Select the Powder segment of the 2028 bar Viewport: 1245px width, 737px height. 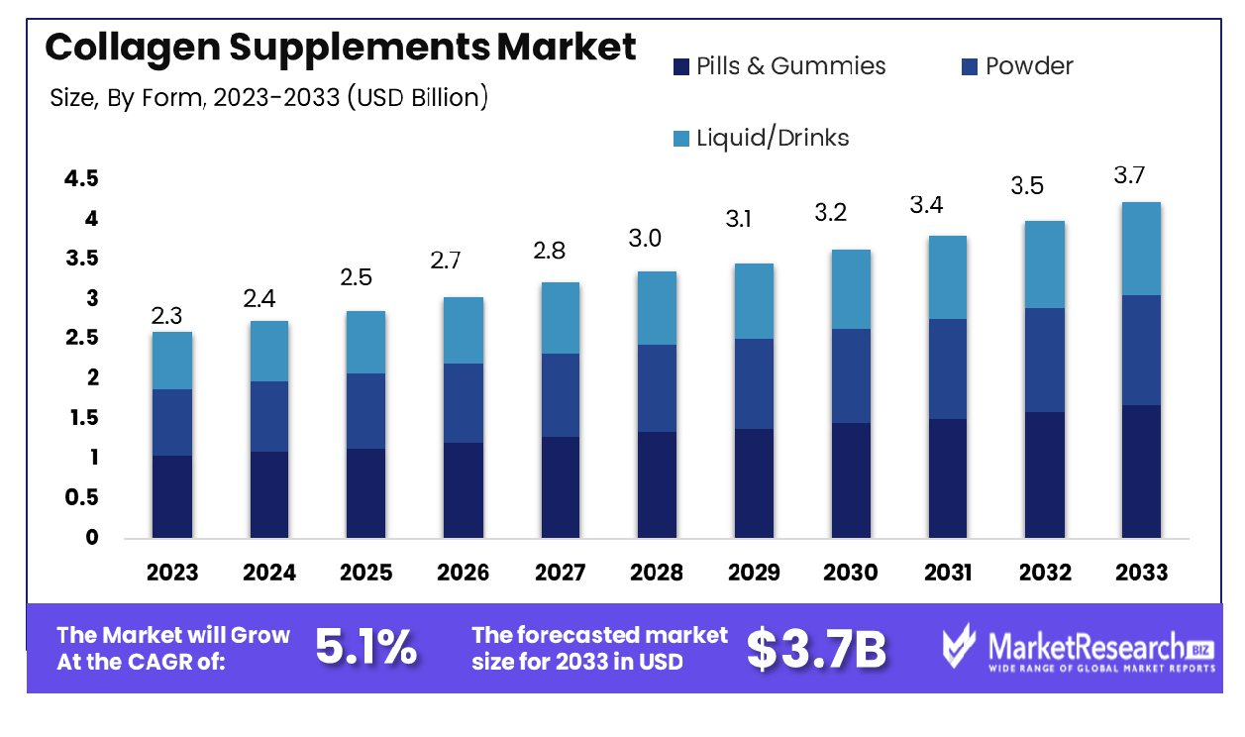tap(656, 388)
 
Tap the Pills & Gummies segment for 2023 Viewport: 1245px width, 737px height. tap(172, 496)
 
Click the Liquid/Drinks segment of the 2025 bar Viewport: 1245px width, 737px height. tap(365, 342)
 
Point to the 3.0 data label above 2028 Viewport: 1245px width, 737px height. tap(644, 239)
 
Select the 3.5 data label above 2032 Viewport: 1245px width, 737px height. tap(1027, 185)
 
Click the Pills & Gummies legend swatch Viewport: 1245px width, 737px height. tap(680, 67)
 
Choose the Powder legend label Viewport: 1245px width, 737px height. tap(1029, 66)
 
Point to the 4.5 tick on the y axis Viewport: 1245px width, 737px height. tap(81, 179)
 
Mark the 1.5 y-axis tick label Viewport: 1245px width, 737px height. tap(81, 418)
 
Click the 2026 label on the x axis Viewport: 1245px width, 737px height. tap(463, 573)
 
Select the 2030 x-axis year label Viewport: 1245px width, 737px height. tap(850, 573)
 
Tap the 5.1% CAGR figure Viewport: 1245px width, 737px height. tap(365, 648)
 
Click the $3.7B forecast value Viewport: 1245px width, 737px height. tap(816, 648)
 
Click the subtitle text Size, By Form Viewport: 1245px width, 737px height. tap(125, 98)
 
